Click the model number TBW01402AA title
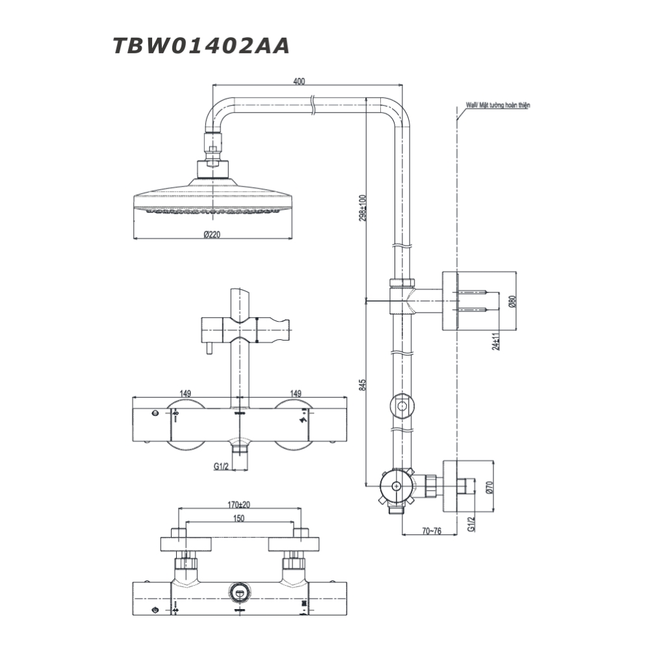coord(201,46)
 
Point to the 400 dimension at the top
coord(299,81)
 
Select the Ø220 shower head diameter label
coord(211,235)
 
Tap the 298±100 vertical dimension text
coord(363,207)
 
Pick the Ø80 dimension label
coord(512,302)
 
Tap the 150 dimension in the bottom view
coord(239,518)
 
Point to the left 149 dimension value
coord(185,393)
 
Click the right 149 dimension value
coord(295,393)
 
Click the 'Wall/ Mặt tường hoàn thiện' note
coord(498,104)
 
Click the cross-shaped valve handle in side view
coord(396,486)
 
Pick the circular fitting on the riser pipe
coord(402,406)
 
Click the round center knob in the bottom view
coord(239,592)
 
